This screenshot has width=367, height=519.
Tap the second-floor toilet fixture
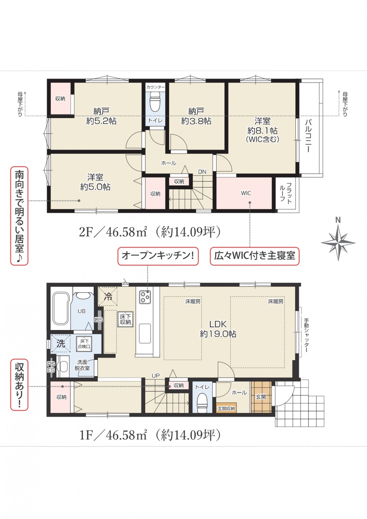click(x=155, y=102)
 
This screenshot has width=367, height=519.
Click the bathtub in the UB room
click(x=61, y=309)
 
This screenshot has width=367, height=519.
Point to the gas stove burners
click(x=145, y=297)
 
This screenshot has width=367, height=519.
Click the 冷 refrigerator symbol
click(x=108, y=297)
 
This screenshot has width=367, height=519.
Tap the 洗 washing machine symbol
click(x=61, y=344)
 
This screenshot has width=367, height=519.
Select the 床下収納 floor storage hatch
click(x=126, y=320)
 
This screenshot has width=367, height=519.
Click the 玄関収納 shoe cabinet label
click(x=226, y=408)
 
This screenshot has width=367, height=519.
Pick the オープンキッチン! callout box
click(x=158, y=256)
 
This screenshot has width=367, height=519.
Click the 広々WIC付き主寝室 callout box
click(x=255, y=256)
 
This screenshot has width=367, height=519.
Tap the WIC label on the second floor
click(x=246, y=193)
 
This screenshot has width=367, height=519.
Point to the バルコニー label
click(x=309, y=136)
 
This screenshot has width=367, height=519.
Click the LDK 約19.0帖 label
click(x=218, y=329)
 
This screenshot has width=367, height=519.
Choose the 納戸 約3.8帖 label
click(x=196, y=116)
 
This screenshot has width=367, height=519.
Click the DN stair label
click(x=202, y=172)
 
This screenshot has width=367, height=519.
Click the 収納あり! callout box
click(x=19, y=385)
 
